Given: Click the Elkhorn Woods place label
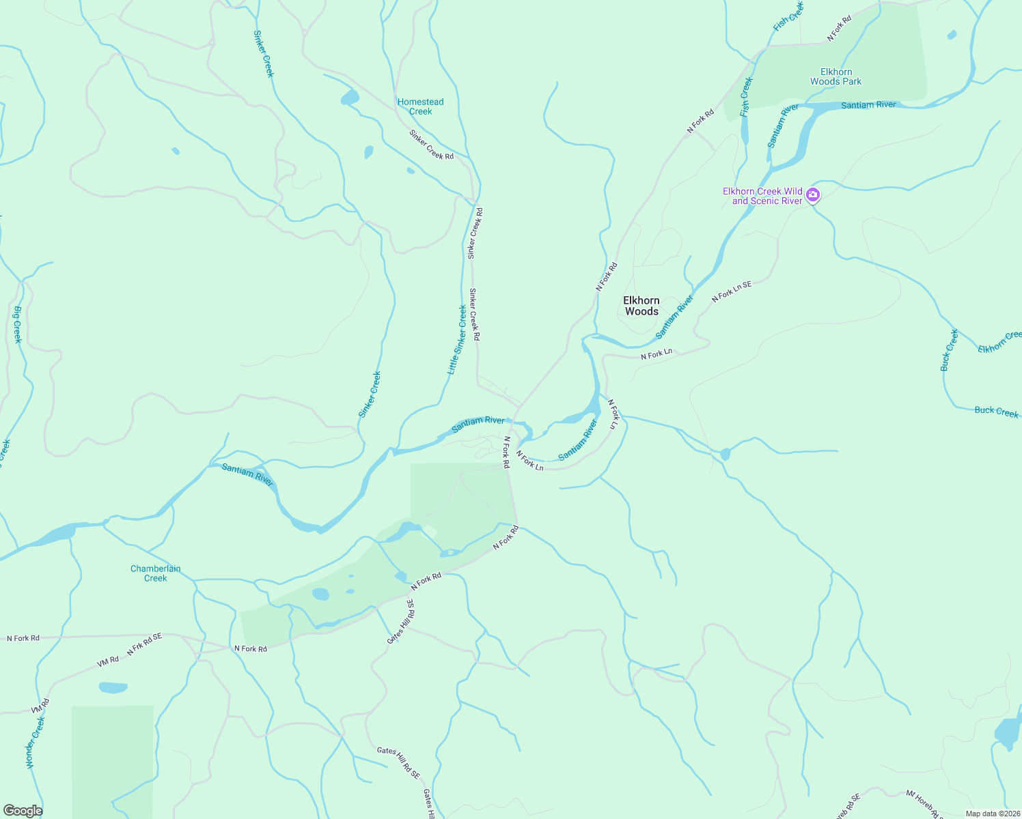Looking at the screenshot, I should (x=641, y=306).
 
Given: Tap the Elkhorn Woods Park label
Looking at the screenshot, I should (x=835, y=76).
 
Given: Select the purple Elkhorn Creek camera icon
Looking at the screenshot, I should (x=812, y=195).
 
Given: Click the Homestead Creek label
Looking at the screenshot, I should (x=420, y=106).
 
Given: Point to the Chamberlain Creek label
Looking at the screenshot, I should (x=156, y=573).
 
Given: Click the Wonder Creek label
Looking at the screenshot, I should (x=36, y=743).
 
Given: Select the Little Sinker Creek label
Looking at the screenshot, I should (x=456, y=340).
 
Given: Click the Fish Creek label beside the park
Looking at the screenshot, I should (x=746, y=96).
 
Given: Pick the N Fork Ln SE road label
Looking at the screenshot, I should (x=731, y=291).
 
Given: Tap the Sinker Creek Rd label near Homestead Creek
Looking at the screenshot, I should (x=431, y=145).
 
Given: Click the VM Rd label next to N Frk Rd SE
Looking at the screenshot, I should (x=108, y=661).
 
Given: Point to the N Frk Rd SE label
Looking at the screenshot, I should (x=144, y=644).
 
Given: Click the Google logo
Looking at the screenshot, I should (x=23, y=811).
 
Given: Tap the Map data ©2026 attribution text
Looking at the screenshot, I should (x=992, y=814).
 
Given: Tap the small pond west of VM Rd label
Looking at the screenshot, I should (x=113, y=687).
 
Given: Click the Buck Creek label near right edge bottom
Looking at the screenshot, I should (x=996, y=411).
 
